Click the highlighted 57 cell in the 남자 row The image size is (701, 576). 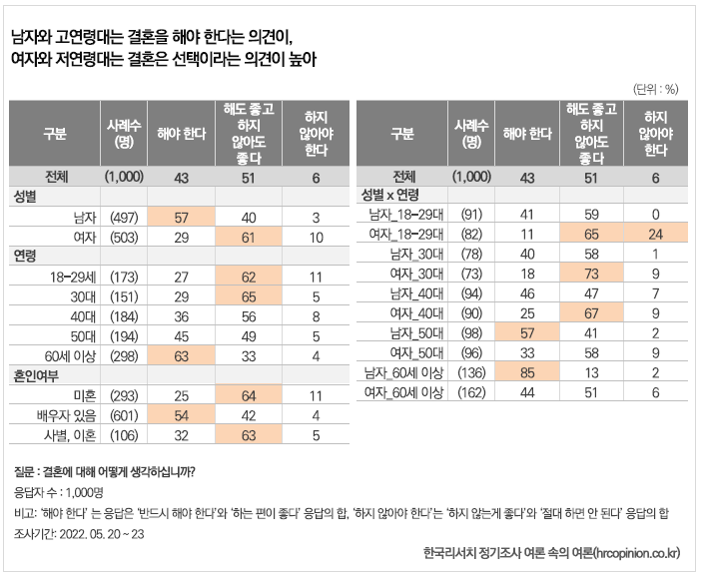click(x=182, y=216)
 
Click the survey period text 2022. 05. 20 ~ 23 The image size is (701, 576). click(x=90, y=533)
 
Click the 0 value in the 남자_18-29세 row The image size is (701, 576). click(x=655, y=213)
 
